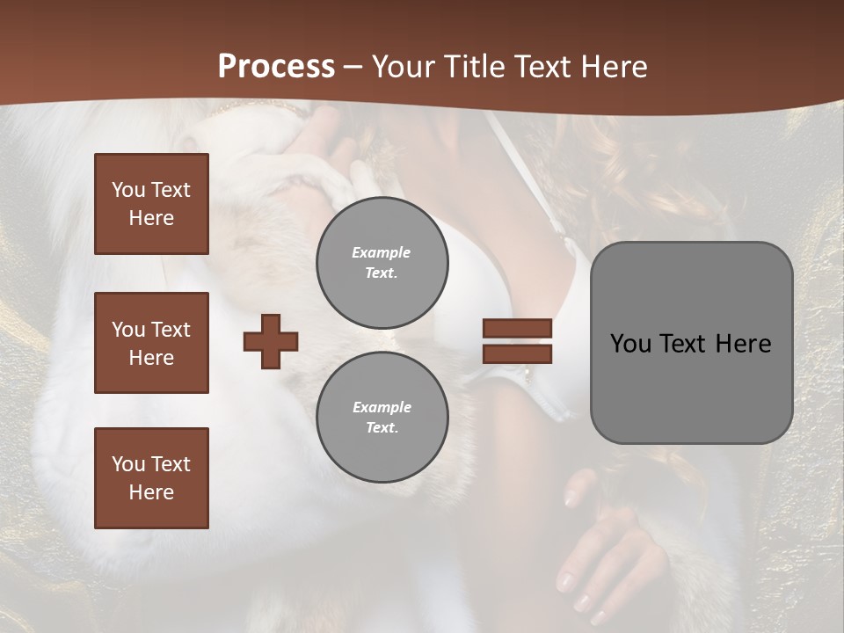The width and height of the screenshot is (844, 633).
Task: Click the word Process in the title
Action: point(276,67)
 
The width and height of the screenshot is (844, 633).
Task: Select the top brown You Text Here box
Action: point(151,204)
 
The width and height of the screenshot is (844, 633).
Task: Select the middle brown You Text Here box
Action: point(151,343)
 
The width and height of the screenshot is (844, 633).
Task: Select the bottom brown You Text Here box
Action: point(151,478)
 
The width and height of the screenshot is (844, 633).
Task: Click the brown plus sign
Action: point(271,341)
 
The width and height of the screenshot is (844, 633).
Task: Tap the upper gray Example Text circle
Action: point(382,263)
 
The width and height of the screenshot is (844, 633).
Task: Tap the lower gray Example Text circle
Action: point(382,418)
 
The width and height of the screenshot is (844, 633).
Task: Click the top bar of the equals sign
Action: point(517,328)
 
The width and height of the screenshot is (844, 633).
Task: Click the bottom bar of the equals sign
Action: point(517,353)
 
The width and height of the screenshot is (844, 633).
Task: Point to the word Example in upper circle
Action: point(381,252)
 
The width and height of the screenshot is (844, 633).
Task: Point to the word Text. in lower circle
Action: point(382,428)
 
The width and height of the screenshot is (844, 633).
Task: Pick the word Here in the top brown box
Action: point(151,218)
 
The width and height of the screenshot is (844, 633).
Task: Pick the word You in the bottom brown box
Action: point(127,463)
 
